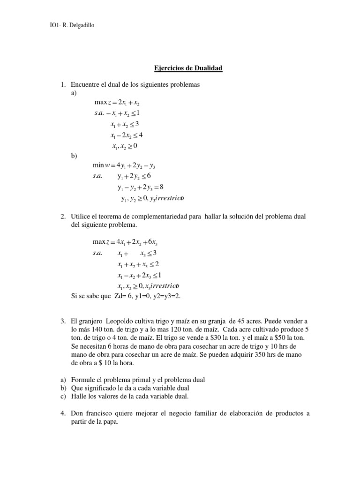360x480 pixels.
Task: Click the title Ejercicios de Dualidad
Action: [x=188, y=68]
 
